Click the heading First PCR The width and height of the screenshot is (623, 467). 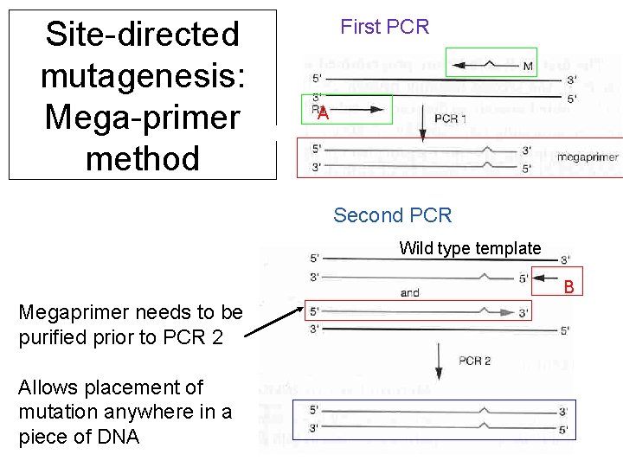[384, 27]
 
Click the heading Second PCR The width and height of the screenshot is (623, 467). [392, 215]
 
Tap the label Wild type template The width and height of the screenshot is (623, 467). [470, 248]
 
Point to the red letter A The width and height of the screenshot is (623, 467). [322, 114]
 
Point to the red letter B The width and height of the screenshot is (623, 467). [568, 285]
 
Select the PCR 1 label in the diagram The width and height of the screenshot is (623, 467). [450, 118]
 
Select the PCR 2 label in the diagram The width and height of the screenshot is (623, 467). [474, 360]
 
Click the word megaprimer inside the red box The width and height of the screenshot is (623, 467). [587, 157]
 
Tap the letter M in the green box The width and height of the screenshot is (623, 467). [527, 66]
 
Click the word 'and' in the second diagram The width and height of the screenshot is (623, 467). [410, 292]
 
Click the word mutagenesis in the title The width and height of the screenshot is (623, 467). [143, 76]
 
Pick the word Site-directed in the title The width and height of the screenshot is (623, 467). [143, 35]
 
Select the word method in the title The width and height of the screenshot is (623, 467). [143, 158]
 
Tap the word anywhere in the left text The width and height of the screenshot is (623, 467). [152, 412]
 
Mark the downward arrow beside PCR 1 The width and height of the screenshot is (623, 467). [421, 126]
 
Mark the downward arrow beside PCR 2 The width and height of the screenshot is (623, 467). [439, 361]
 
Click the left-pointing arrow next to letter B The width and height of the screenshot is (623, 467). [547, 278]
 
